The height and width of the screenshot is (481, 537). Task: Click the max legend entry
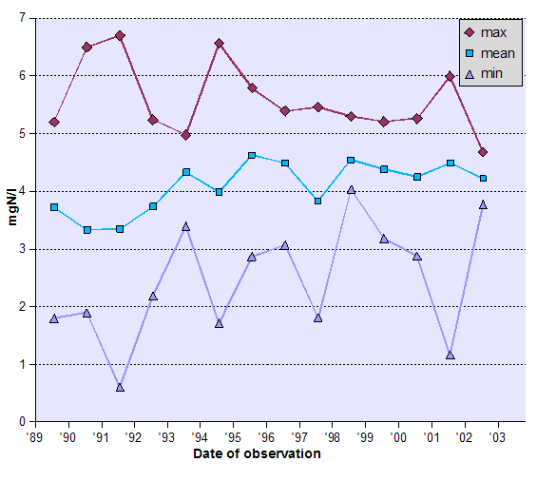pos(493,32)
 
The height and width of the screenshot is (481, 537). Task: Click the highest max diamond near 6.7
pos(120,36)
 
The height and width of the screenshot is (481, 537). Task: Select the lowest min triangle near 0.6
pos(120,387)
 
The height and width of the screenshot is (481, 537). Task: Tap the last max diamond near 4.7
pos(483,152)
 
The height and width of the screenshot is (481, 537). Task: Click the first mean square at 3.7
pos(54,207)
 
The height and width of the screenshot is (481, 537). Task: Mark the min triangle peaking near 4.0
pos(352,190)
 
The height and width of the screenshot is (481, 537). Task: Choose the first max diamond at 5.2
pos(54,122)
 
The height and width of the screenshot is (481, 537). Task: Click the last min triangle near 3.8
pos(483,204)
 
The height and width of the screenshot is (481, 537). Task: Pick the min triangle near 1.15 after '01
pos(451,355)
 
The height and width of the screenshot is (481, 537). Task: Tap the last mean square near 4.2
pos(483,179)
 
